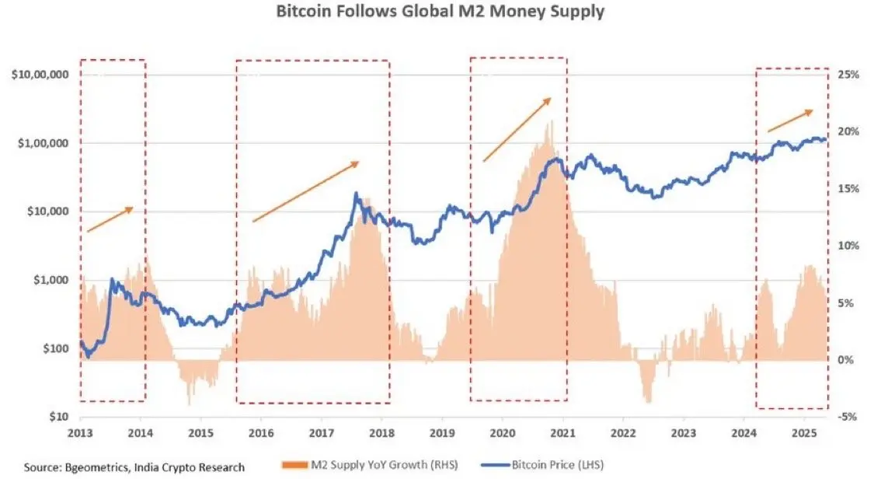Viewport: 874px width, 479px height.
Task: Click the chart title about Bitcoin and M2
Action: coord(437,13)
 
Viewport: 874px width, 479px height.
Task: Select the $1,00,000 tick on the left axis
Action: coord(40,144)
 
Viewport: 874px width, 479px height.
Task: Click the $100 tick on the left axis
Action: coord(54,348)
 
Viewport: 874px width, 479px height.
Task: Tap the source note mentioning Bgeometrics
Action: coord(134,467)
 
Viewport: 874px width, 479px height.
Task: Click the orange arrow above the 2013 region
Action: coord(110,219)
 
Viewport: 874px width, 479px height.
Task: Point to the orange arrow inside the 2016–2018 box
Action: coord(306,191)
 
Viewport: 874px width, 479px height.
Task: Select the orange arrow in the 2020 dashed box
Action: coord(517,130)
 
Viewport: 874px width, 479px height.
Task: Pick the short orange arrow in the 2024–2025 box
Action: coord(790,121)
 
